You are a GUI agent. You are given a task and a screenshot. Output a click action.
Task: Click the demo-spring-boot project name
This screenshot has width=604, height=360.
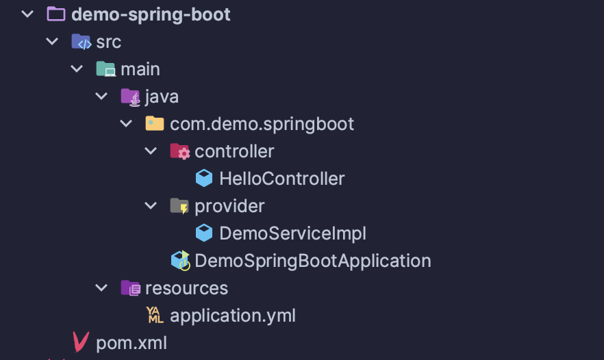(151, 14)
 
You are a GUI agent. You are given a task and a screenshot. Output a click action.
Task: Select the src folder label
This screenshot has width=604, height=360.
(108, 42)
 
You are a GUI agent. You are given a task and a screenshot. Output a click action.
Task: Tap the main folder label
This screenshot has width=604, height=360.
(140, 69)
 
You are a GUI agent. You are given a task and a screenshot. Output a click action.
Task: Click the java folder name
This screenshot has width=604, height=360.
(162, 97)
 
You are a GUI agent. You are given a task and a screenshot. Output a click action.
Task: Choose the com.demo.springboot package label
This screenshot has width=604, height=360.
(262, 124)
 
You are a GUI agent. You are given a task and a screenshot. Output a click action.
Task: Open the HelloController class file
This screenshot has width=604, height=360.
(281, 179)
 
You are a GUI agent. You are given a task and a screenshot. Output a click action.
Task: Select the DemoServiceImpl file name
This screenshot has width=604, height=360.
(292, 233)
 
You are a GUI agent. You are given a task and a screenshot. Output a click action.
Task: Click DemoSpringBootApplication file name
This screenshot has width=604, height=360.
(312, 261)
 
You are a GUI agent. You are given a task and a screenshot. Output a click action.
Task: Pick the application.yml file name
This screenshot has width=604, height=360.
(233, 316)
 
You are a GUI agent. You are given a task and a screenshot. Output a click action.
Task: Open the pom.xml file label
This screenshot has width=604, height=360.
(131, 343)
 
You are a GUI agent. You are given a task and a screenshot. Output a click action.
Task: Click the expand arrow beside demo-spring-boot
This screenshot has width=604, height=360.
(27, 14)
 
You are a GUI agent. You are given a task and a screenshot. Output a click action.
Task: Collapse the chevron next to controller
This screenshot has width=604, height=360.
(151, 151)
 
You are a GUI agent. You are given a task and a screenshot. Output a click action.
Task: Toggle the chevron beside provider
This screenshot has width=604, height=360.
(151, 205)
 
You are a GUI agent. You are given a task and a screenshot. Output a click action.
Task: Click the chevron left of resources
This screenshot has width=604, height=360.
(102, 287)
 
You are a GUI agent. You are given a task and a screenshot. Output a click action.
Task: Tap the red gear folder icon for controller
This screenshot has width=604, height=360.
(179, 151)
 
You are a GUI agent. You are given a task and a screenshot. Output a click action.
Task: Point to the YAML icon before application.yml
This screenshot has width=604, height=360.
(155, 316)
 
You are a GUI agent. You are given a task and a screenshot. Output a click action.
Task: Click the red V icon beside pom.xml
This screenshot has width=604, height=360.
(81, 342)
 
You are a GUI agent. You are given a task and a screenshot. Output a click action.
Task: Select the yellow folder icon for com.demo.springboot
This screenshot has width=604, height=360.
(155, 124)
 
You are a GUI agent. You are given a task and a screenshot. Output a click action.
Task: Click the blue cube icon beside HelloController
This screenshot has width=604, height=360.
(204, 179)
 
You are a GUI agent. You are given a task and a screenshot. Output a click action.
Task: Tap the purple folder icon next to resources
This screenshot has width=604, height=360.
(130, 288)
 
